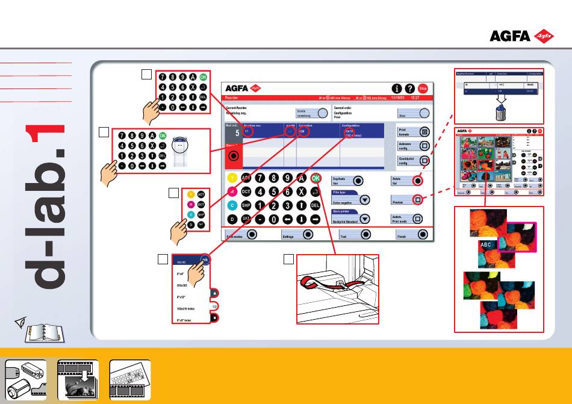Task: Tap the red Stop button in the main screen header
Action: (x=423, y=88)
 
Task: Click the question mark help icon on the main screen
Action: (x=409, y=88)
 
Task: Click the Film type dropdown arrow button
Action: (x=364, y=200)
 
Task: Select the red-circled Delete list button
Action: (x=417, y=180)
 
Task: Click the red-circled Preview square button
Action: (x=417, y=199)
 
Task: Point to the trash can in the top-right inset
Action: (x=500, y=111)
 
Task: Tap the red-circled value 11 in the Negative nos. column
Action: (x=248, y=132)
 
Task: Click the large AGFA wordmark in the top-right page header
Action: (x=509, y=36)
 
